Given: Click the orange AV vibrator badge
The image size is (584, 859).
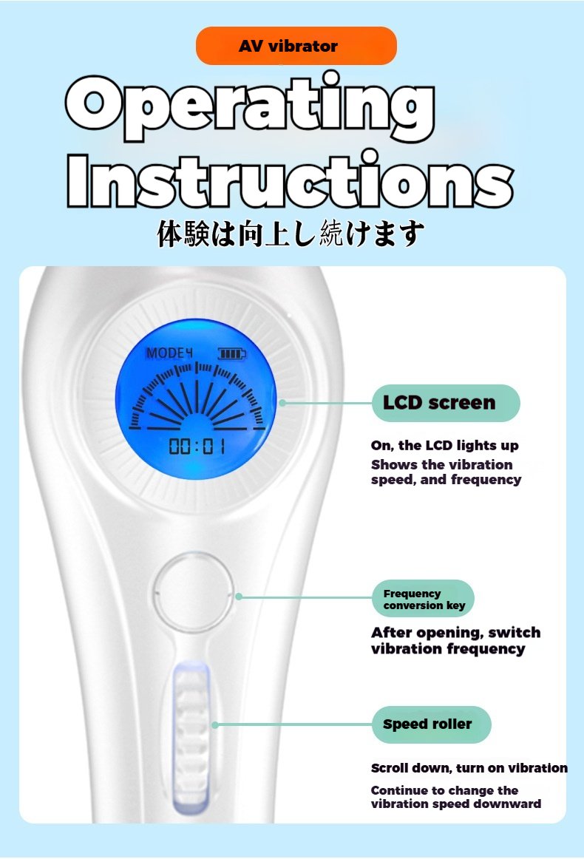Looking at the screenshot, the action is (296, 46).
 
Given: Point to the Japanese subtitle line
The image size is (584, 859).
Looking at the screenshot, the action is (291, 234).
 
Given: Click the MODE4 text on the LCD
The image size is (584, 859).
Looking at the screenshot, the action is (169, 353).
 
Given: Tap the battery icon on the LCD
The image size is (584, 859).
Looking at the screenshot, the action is (231, 354).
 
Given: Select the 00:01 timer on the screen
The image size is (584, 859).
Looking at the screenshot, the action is (197, 447).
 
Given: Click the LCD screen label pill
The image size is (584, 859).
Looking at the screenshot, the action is (446, 403).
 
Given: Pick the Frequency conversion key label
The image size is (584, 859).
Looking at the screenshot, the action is (422, 599).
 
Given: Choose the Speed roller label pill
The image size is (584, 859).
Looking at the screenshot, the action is (431, 724).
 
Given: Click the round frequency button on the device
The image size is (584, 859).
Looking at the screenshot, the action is (194, 593).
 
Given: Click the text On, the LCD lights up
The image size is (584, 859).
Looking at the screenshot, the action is (444, 445).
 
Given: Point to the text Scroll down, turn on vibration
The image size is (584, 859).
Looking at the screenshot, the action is (469, 768).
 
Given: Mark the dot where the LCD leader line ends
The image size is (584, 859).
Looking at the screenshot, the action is (282, 403).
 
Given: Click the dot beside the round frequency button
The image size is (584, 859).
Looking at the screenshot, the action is (238, 597).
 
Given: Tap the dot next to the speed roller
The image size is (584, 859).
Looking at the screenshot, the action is (215, 724).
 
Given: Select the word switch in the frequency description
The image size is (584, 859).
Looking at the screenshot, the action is (514, 633).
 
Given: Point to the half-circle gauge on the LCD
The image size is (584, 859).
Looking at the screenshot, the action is (196, 397).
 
